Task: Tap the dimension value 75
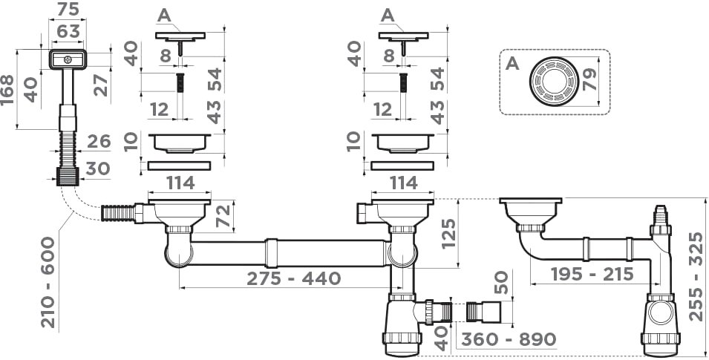[67, 9]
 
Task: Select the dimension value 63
[68, 31]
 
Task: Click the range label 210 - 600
[48, 282]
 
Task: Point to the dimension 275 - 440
[293, 278]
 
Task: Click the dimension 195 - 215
[592, 273]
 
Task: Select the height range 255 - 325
[697, 276]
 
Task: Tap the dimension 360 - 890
[509, 338]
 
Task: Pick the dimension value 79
[590, 80]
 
